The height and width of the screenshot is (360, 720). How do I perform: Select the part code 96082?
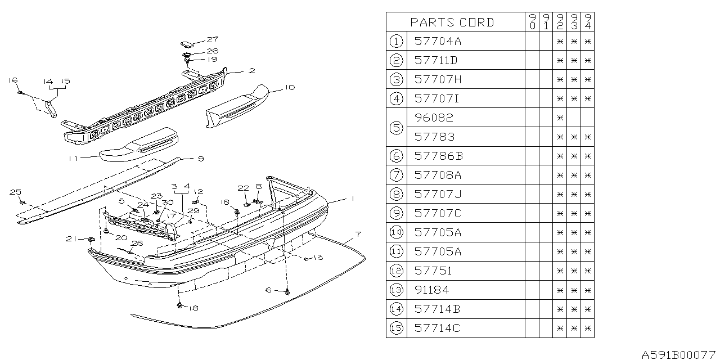(x=433, y=118)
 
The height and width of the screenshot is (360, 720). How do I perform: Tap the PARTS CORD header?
(x=452, y=22)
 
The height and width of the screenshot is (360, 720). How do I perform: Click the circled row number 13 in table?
(x=397, y=290)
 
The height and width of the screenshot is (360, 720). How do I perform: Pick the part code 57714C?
(x=436, y=328)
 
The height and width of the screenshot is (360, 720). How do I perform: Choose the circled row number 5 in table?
(x=397, y=127)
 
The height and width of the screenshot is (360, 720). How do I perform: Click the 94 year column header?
(x=587, y=22)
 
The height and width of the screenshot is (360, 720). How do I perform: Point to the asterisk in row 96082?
(x=559, y=118)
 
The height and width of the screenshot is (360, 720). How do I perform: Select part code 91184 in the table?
(x=431, y=290)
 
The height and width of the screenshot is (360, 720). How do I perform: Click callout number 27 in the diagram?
(x=211, y=39)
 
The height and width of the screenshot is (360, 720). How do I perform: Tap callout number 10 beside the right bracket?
(x=289, y=87)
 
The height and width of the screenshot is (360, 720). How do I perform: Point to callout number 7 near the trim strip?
(x=358, y=233)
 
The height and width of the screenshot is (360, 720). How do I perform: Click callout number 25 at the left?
(x=14, y=192)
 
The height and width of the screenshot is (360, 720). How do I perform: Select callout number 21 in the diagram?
(x=70, y=239)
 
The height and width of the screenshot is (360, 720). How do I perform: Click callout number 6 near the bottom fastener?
(x=268, y=290)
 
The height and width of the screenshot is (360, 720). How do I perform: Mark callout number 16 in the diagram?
(x=13, y=80)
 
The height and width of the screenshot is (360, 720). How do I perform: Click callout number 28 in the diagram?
(x=137, y=243)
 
